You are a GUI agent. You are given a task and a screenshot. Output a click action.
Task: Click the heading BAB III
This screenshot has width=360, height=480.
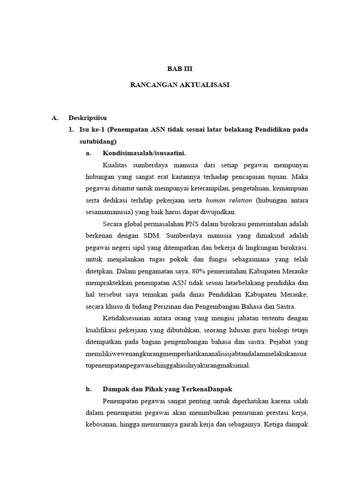coord(180,68)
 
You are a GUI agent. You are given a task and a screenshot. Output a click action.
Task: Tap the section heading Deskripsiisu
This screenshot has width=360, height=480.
coord(88,117)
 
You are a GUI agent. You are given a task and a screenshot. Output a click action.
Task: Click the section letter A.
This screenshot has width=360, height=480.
coord(54,117)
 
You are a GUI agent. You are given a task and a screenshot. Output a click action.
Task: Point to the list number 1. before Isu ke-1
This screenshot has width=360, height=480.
coord(71,129)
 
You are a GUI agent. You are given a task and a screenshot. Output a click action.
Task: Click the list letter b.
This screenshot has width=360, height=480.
coord(88,389)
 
